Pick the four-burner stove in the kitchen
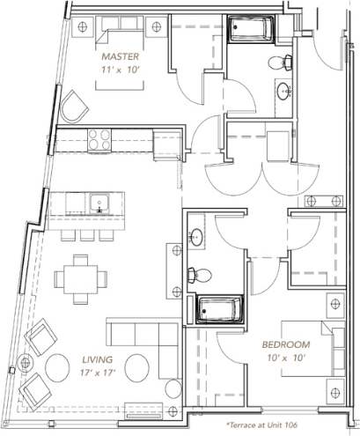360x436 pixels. pos(98,137)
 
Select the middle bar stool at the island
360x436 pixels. pos(86,234)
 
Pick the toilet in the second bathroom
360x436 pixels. pos(200,272)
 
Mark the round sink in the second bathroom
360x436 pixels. pos(197,236)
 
